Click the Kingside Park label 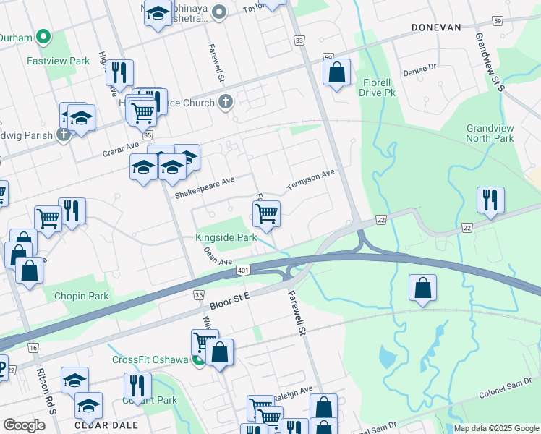coord(226,237)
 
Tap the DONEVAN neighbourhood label coord(435,27)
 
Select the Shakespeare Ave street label coord(205,191)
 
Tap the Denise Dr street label coord(420,67)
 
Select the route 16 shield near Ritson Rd coord(33,348)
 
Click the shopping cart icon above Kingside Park coord(266,213)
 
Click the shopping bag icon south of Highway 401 coord(423,288)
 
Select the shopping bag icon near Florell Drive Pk coord(336,72)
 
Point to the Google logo coord(24,425)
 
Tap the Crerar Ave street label coord(120,146)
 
